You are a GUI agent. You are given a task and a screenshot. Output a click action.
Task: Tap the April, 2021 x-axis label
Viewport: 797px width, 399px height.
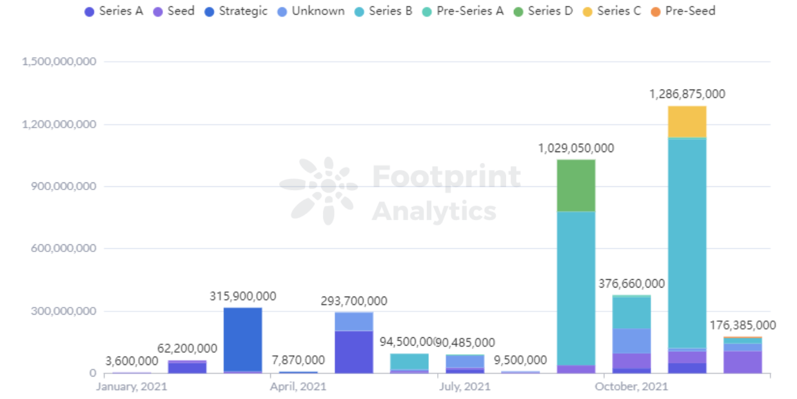(x=298, y=387)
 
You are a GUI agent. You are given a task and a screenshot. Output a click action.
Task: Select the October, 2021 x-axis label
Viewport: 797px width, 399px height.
(x=631, y=387)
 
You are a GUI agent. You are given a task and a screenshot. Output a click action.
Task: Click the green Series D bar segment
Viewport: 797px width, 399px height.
(x=576, y=186)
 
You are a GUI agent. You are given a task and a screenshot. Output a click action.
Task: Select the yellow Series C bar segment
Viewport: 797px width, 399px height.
(x=687, y=122)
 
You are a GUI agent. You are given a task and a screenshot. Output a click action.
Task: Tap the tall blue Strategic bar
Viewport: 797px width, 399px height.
(x=242, y=340)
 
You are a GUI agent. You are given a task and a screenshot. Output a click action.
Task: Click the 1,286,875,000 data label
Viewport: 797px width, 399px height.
(x=687, y=94)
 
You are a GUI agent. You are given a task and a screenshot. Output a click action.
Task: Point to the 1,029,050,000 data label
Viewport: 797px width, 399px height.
(x=576, y=148)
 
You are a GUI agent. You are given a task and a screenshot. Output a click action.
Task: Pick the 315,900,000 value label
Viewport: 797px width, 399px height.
(x=242, y=297)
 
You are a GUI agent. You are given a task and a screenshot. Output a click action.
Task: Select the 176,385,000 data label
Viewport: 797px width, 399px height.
(x=742, y=326)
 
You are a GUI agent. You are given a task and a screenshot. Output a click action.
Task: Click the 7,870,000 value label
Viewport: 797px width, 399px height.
(x=298, y=360)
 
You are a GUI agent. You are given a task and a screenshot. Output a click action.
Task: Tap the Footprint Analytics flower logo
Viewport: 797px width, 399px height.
(x=319, y=190)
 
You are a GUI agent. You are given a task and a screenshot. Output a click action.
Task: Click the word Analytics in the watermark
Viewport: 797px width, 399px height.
(x=434, y=211)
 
